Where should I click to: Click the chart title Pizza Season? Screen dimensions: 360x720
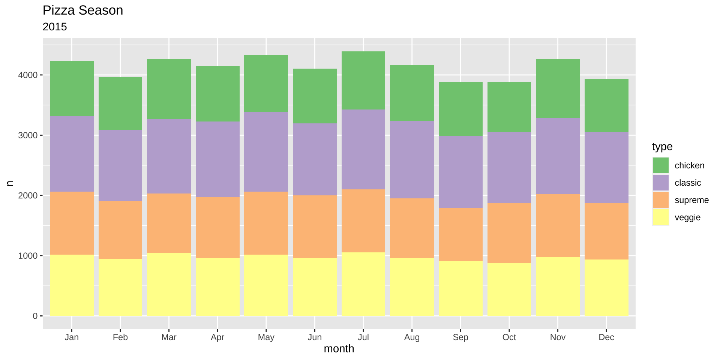point(83,10)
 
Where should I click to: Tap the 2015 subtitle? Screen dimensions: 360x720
point(55,27)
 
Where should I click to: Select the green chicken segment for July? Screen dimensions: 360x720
point(363,80)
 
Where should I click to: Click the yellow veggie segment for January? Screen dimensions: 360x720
point(72,285)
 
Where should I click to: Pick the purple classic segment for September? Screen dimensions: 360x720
point(460,172)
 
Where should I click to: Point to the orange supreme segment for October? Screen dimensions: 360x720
point(509,233)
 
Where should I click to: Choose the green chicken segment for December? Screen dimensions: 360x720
point(606,105)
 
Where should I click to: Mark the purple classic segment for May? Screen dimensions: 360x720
point(266,151)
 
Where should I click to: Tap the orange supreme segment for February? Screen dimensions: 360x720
point(120,230)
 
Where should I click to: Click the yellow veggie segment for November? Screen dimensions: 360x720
point(558,286)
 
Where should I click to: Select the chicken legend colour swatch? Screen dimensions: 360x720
point(660,165)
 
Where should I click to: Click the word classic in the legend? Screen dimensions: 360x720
point(687,183)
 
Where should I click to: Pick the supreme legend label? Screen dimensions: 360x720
point(691,200)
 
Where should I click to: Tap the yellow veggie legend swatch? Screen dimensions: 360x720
point(660,217)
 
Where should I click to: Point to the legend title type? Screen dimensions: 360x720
point(662,147)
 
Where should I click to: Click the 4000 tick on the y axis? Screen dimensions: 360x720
point(28,75)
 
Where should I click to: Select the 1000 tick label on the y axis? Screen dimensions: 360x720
point(28,256)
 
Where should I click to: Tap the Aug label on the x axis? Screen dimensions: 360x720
point(412,337)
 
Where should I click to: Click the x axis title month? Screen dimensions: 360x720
point(339,349)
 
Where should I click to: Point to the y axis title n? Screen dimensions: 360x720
point(10,183)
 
